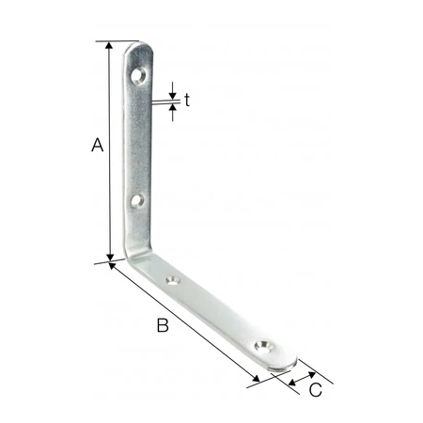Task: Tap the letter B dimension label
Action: (162, 326)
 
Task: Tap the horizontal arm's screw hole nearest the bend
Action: (174, 279)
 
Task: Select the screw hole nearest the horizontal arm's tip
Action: (263, 346)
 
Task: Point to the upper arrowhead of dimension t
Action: (173, 92)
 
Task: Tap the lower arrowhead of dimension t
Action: (173, 110)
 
